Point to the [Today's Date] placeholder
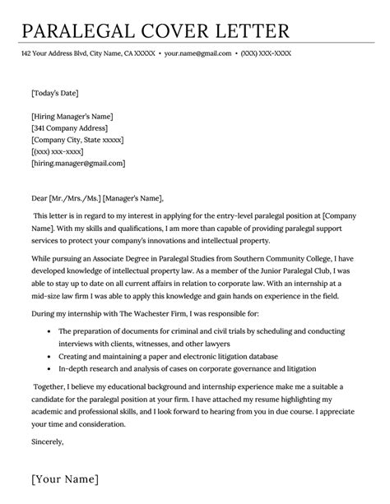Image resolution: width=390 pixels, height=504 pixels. (55, 93)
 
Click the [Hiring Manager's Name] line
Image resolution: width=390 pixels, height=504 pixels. (72, 115)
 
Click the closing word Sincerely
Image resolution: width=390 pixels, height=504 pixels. (47, 441)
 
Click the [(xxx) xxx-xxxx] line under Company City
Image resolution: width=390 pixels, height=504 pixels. (58, 152)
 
